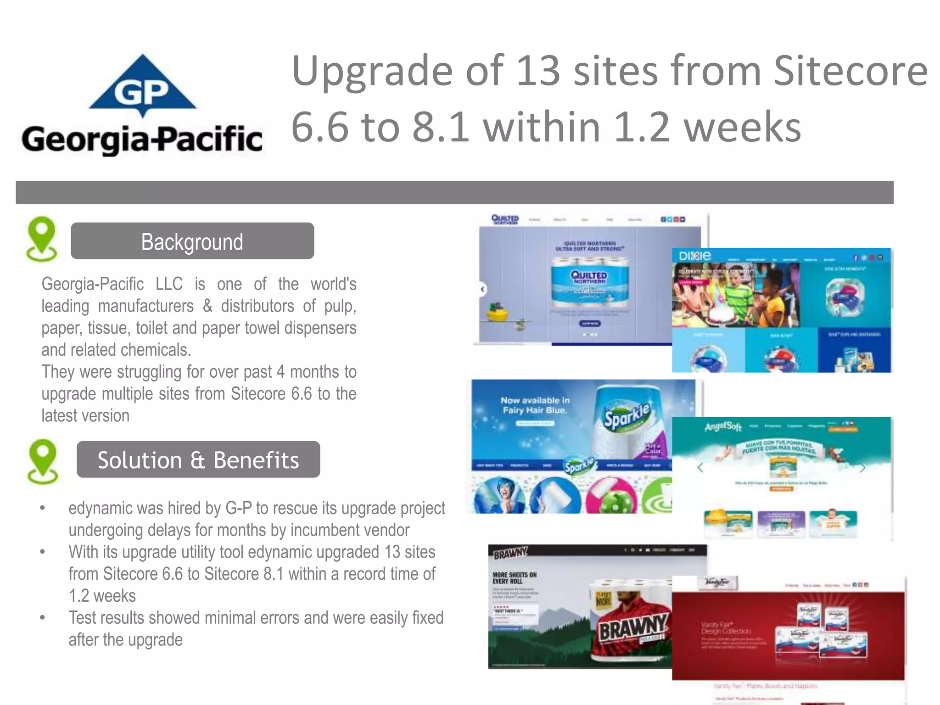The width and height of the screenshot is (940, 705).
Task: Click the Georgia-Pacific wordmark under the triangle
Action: [142, 140]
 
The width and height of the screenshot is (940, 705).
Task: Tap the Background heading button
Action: [192, 241]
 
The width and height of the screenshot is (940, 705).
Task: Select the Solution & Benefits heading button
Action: [198, 459]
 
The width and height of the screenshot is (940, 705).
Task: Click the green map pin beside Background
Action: [42, 239]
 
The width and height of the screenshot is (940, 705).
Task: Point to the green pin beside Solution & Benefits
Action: [43, 461]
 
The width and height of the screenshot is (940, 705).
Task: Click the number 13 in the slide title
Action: [537, 71]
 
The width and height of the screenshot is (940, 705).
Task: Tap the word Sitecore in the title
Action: [850, 71]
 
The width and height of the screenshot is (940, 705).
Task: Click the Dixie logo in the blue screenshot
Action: [694, 256]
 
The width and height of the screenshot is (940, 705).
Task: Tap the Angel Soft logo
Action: [723, 427]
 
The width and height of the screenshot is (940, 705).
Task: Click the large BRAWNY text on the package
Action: [633, 627]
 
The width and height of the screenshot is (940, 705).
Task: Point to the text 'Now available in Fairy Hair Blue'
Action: [535, 405]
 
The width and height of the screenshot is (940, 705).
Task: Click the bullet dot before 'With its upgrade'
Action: [43, 552]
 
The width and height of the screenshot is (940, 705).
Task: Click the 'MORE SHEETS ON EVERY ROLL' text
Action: [514, 578]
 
